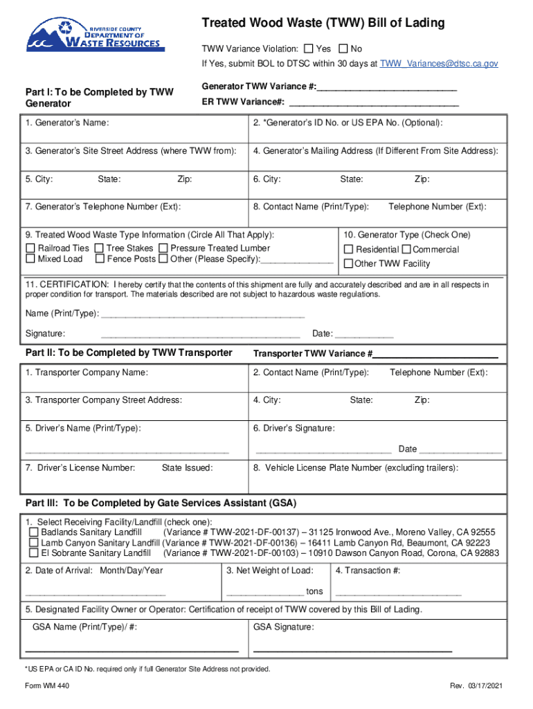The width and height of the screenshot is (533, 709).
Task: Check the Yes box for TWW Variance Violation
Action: coord(308,49)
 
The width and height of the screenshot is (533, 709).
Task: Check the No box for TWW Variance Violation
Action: coord(343,49)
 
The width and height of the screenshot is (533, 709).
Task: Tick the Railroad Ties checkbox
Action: coord(30,248)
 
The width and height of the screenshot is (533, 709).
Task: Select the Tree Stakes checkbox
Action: coord(99,248)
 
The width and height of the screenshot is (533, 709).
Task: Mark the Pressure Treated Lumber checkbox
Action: coord(163,248)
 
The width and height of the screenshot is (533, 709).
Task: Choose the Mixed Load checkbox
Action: coord(30,259)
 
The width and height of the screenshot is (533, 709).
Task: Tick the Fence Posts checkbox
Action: coord(99,259)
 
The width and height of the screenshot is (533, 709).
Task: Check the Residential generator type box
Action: coord(349,249)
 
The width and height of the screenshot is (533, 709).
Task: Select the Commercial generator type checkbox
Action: coord(406,249)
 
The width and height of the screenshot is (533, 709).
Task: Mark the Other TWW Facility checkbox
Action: coord(349,263)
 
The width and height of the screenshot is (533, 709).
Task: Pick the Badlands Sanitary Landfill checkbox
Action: coord(33,532)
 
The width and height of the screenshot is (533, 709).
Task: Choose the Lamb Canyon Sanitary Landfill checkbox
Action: coord(33,543)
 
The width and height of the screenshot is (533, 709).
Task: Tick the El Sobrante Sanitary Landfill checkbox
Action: coord(33,553)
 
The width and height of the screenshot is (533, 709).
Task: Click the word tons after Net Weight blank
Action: coord(314,591)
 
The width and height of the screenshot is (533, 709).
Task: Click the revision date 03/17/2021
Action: coord(484,685)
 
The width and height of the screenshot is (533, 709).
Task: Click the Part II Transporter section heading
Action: coord(129,352)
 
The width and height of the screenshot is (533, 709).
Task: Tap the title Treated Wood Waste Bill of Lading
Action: coord(323,24)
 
